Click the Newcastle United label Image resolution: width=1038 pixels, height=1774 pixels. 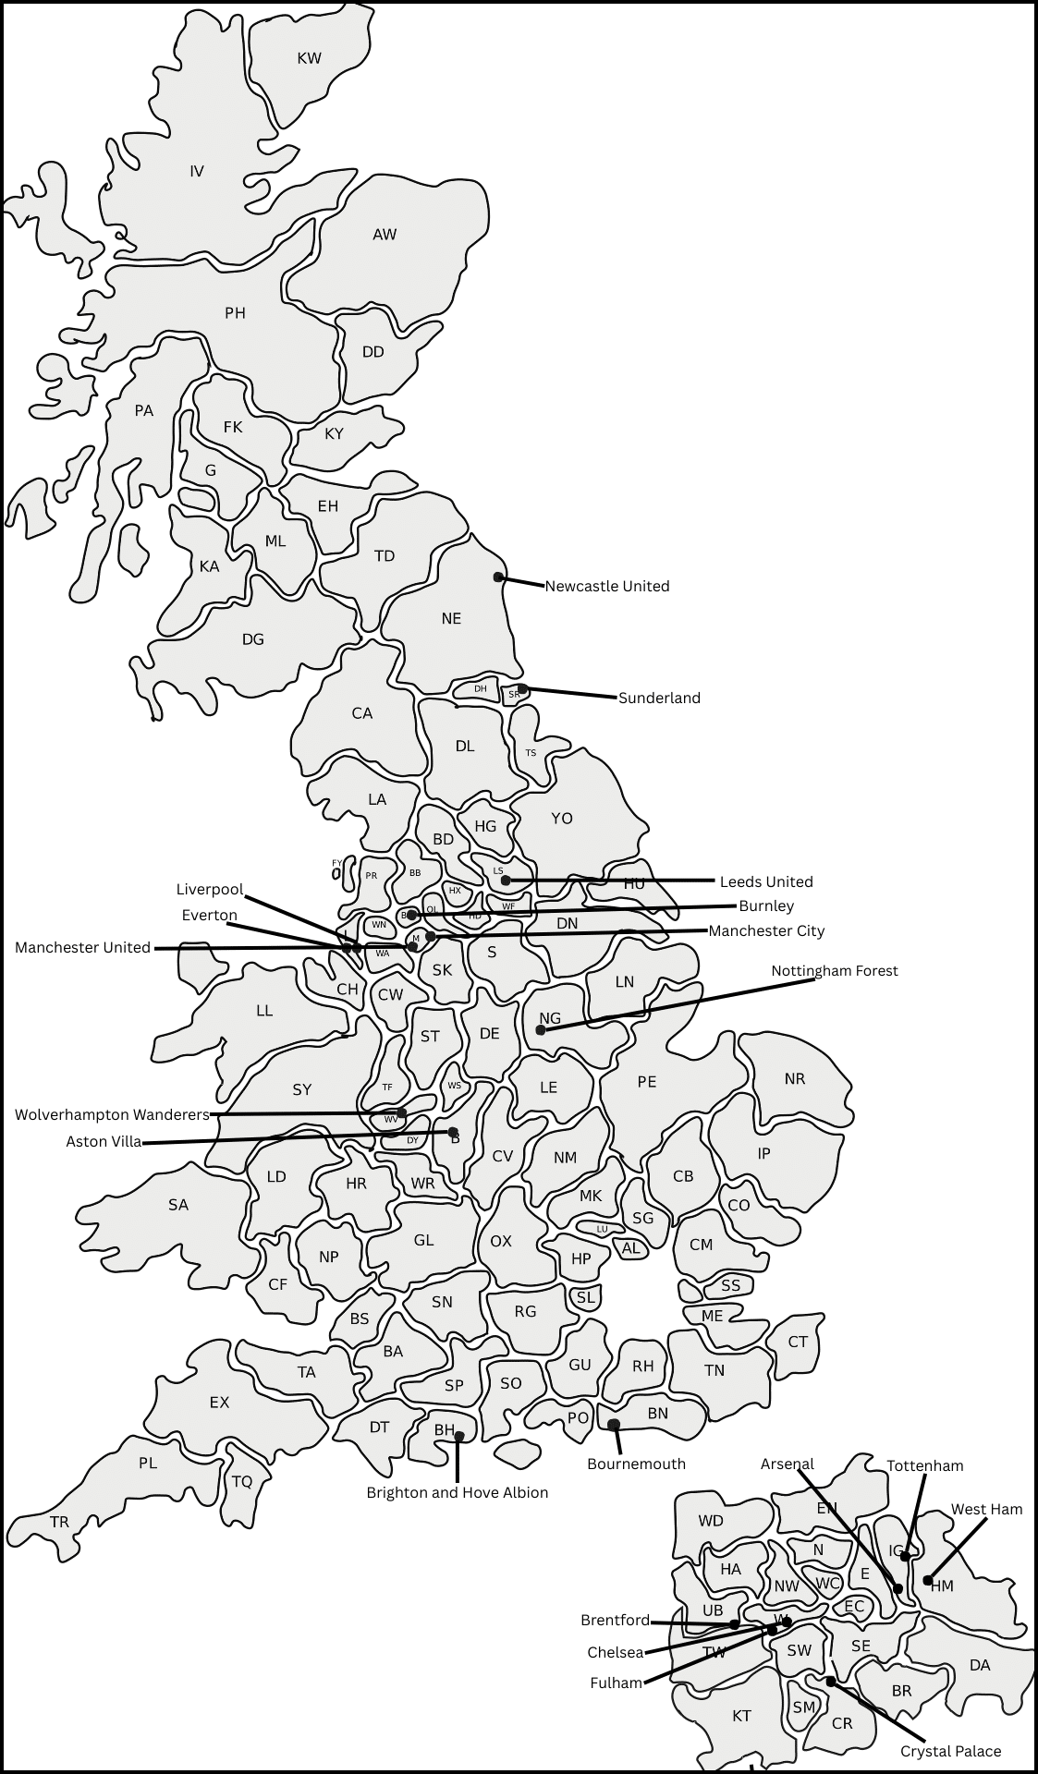pos(606,586)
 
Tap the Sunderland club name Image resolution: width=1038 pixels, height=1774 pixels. pos(659,698)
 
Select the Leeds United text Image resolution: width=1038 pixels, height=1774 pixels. pos(766,881)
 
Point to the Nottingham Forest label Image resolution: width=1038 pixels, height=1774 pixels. pos(835,970)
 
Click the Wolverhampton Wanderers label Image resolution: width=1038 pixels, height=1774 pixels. pos(112,1114)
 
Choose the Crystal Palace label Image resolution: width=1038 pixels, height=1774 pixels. pos(950,1751)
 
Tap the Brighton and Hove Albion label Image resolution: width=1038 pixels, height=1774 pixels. pos(458,1492)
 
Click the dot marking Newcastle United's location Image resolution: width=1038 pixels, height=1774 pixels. pos(498,577)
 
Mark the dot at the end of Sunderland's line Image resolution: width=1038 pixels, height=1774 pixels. pos(522,688)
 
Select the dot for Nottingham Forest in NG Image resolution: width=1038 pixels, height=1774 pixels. pos(541,1029)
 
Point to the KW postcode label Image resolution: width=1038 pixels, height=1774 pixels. pos(310,58)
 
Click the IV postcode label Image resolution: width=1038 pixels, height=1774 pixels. pos(197,171)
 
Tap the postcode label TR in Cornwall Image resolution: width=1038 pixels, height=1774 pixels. pos(59,1522)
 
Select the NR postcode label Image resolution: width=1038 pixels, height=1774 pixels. pos(795,1078)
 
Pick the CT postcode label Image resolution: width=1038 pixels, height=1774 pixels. pos(798,1342)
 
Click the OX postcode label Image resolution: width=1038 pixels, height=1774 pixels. pos(501,1241)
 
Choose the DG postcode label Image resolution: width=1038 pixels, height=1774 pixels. pos(252,638)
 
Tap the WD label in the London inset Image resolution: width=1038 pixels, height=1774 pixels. pos(711,1521)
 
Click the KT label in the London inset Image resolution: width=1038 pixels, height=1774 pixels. pos(741,1716)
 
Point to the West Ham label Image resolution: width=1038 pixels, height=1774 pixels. pos(986,1509)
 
